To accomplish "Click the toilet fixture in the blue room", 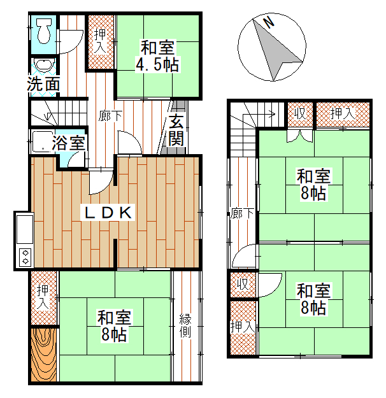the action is click(43, 31).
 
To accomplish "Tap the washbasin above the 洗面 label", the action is click(45, 64).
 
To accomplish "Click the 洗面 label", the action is click(43, 84).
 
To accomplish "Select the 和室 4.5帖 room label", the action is click(157, 56).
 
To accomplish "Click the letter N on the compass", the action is click(269, 22).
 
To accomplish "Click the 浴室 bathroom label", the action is click(69, 143).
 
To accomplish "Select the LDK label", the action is click(108, 213).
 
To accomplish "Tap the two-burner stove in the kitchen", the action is click(25, 257).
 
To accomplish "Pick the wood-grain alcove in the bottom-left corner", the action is click(43, 355).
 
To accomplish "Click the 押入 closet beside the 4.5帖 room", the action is click(101, 41).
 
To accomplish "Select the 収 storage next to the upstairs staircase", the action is click(300, 114).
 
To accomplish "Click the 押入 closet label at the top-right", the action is click(343, 114).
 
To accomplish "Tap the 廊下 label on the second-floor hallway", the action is click(242, 213).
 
